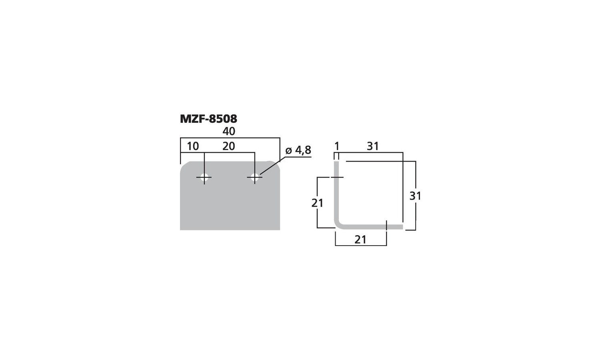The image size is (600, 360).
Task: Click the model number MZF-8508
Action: tap(208, 119)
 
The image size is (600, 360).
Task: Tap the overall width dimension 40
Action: tap(229, 131)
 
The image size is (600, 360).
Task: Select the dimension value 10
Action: tap(193, 146)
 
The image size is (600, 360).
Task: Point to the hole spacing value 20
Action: tap(229, 146)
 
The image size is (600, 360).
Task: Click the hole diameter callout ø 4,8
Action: tap(298, 150)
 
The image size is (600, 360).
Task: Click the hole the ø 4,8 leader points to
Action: tap(254, 177)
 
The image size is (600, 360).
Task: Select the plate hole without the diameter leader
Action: tap(204, 177)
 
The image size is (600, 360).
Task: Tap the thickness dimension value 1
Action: tap(337, 146)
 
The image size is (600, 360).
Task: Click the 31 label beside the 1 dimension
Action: tap(373, 146)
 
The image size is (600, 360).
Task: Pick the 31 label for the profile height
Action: tap(415, 196)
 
